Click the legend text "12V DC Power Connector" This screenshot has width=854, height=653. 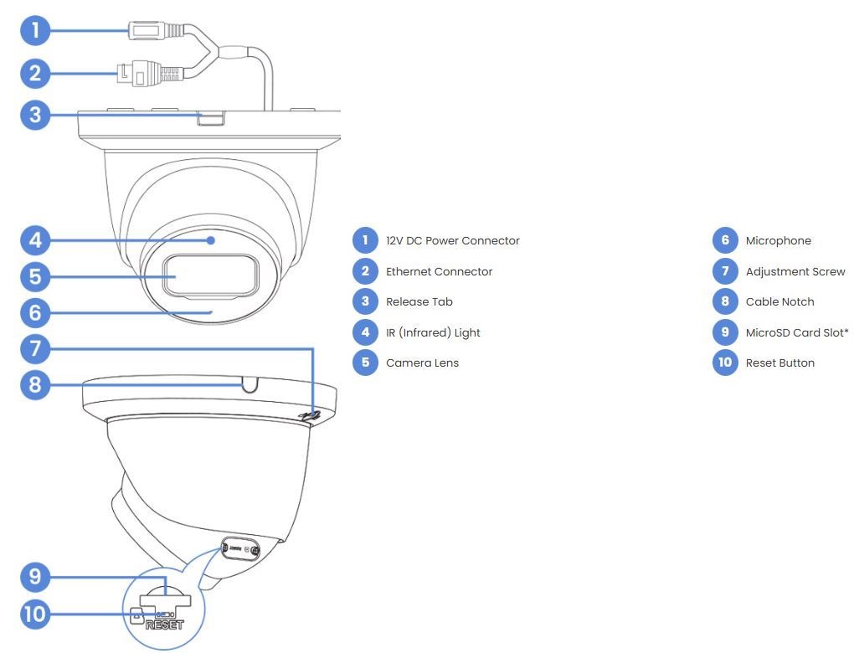pos(452,241)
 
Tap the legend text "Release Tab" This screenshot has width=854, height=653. pos(414,302)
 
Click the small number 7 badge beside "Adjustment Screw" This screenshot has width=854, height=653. pos(726,271)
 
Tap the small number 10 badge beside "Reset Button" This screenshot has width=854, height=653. pos(726,362)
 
